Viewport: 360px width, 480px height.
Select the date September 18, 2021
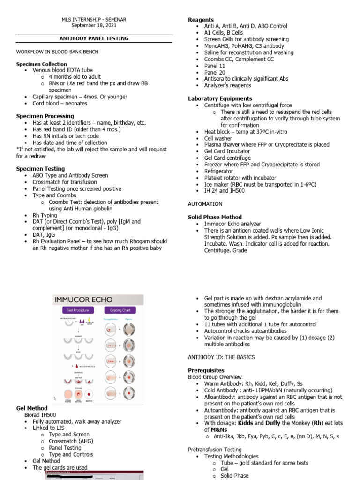[94, 26]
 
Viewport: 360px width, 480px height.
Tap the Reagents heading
[201, 20]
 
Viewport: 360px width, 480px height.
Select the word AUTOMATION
[205, 204]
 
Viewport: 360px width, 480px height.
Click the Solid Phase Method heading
[215, 217]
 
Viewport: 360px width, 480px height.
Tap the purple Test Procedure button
[78, 310]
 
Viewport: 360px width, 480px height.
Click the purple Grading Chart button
[120, 310]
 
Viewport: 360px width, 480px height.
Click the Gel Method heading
[32, 408]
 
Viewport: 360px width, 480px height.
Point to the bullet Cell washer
[218, 138]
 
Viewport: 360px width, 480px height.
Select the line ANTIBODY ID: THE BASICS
[221, 357]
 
